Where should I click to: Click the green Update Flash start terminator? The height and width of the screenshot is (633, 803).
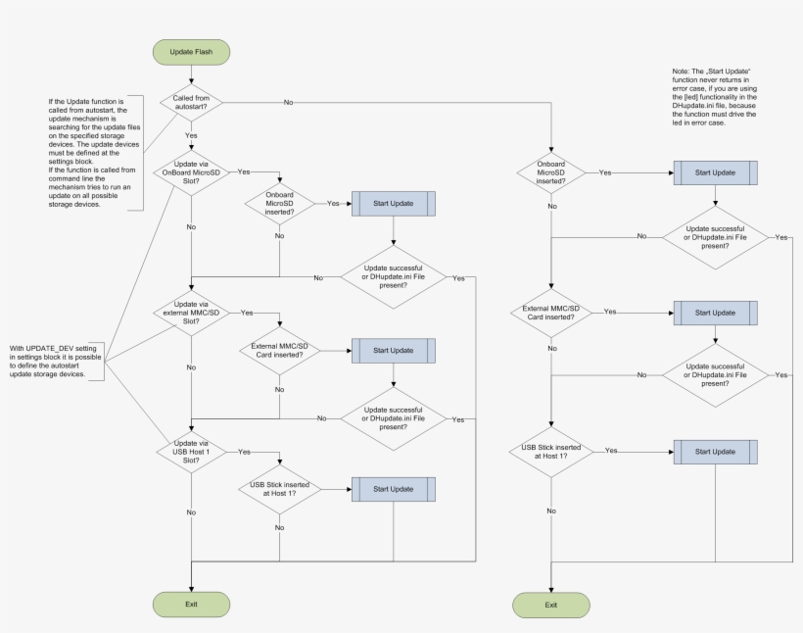191,51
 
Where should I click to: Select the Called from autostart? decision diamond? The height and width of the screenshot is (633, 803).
191,102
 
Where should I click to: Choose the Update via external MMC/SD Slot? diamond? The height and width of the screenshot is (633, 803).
191,313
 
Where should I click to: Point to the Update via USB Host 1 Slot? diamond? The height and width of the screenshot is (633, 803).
191,452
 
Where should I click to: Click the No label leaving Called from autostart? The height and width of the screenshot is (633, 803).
289,102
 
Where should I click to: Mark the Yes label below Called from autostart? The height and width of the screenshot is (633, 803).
191,135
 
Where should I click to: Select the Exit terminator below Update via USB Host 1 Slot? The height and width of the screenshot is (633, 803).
191,605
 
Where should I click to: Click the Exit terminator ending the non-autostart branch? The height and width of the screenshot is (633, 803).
551,605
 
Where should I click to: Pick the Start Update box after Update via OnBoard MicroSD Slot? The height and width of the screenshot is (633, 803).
393,203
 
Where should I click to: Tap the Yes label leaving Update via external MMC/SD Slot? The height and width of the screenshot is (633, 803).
246,313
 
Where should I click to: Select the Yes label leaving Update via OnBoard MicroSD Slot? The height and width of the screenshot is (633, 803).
244,171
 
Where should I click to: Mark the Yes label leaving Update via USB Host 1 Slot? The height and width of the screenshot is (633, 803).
244,452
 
